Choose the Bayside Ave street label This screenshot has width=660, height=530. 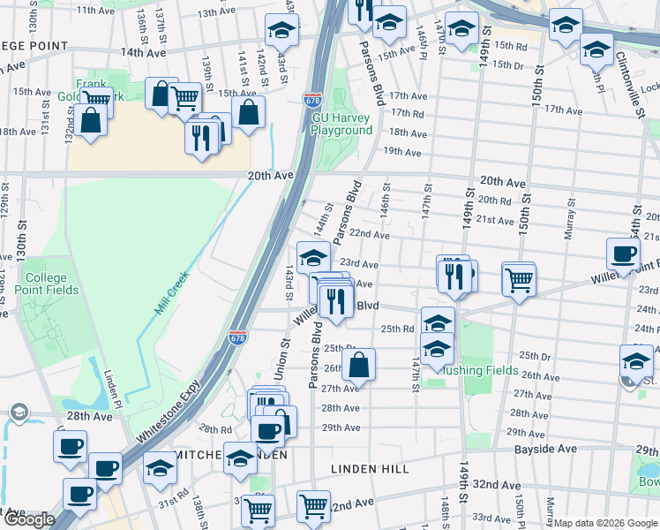(x=546, y=450)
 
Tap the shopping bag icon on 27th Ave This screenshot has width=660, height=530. (x=359, y=364)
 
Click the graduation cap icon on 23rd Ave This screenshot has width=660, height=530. (x=313, y=257)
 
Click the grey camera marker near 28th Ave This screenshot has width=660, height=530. (x=18, y=413)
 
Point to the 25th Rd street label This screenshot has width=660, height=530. (x=397, y=329)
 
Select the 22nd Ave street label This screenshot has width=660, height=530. (x=369, y=235)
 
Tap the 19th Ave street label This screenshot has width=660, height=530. (x=401, y=152)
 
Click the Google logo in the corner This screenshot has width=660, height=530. (x=28, y=519)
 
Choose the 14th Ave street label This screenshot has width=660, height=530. (x=144, y=52)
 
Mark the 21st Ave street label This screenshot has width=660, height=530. (x=495, y=219)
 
